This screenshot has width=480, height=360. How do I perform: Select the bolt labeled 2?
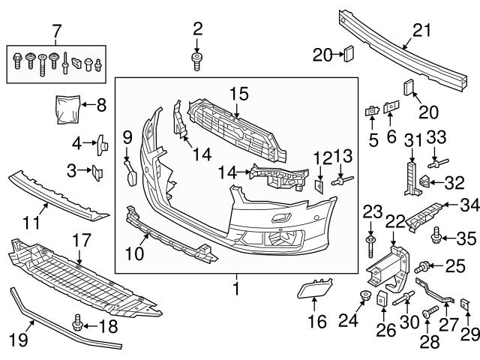[197, 61]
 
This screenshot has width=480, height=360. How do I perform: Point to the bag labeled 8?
[67, 107]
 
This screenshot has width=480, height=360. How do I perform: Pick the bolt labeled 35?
[436, 239]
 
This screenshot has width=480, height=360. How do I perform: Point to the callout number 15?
[238, 94]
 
